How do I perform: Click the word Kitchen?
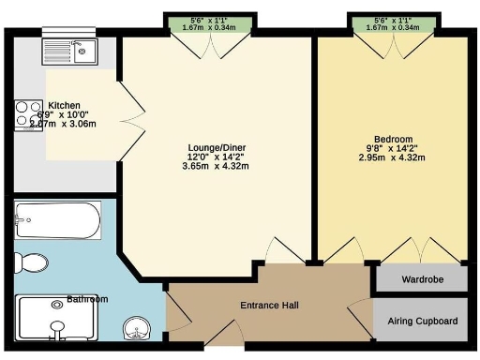pyautogui.click(x=64, y=106)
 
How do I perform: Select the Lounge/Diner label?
pyautogui.click(x=215, y=146)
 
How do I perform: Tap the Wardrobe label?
pyautogui.click(x=422, y=279)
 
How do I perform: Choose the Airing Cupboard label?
pyautogui.click(x=423, y=322)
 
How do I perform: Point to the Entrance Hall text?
pyautogui.click(x=269, y=306)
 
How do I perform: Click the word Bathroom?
pyautogui.click(x=86, y=300)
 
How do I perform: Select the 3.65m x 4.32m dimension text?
pyautogui.click(x=215, y=167)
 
